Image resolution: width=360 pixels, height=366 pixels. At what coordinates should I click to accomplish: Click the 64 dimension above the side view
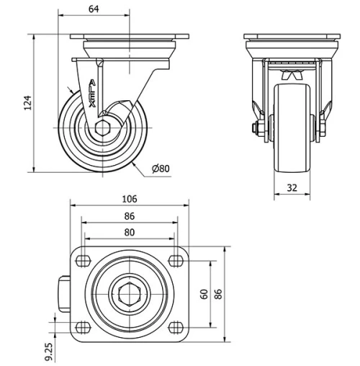pyautogui.click(x=94, y=8)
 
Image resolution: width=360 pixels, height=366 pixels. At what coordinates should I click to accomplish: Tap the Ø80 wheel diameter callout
pyautogui.click(x=161, y=169)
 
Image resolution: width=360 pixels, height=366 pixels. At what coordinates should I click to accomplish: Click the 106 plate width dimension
pyautogui.click(x=129, y=199)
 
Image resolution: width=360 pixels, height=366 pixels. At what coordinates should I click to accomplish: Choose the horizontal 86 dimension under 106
pyautogui.click(x=129, y=215)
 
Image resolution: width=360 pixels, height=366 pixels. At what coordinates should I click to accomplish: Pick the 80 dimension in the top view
pyautogui.click(x=129, y=233)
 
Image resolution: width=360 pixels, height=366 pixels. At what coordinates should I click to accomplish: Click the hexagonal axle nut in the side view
pyautogui.click(x=102, y=130)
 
